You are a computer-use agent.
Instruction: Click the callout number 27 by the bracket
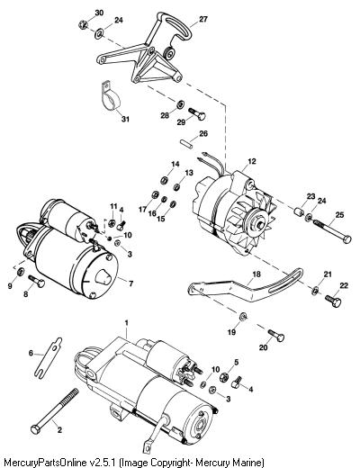[x=203, y=19]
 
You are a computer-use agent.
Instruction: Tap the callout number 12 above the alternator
[x=252, y=161]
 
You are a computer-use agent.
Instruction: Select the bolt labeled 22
[x=333, y=301]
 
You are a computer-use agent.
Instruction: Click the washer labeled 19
[x=243, y=316]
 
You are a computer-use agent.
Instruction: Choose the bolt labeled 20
[x=276, y=335]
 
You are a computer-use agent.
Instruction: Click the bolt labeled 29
[x=197, y=113]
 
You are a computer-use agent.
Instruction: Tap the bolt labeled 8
[x=37, y=280]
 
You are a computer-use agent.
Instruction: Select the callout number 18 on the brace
[x=256, y=274]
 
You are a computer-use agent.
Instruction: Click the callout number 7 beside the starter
[x=130, y=283]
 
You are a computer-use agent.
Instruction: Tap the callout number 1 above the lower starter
[x=126, y=323]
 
